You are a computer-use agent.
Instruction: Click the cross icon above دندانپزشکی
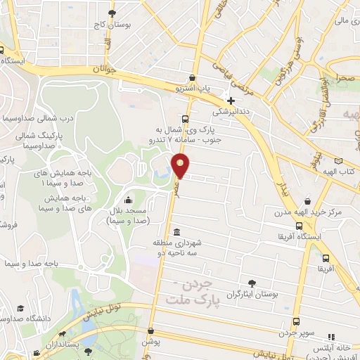click(x=231, y=101)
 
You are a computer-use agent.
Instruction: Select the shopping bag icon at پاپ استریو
click(x=192, y=77)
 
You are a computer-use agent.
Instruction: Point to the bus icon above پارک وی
click(x=185, y=118)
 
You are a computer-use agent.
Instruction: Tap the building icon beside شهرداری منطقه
click(x=174, y=232)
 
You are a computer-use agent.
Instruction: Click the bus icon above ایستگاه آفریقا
click(x=300, y=226)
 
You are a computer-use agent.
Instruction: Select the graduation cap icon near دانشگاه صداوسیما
click(x=22, y=309)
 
